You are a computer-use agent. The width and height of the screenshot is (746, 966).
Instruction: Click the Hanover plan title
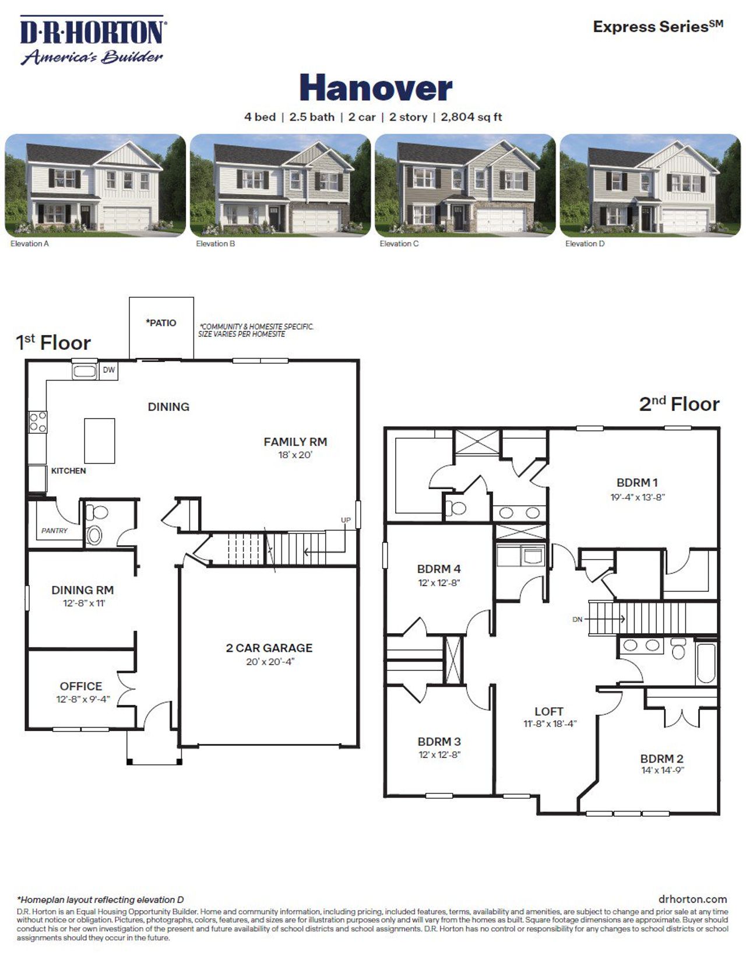pyautogui.click(x=376, y=88)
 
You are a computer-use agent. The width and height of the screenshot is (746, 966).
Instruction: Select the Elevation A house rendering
pyautogui.click(x=95, y=185)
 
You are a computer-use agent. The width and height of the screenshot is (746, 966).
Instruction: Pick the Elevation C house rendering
pyautogui.click(x=465, y=185)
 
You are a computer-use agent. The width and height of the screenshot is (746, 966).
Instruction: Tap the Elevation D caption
pyautogui.click(x=585, y=244)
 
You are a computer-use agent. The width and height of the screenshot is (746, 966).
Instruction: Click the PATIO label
pyautogui.click(x=161, y=323)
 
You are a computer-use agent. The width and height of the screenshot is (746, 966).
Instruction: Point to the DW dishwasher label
pyautogui.click(x=109, y=370)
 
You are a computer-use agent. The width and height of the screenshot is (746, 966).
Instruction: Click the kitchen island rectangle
pyautogui.click(x=99, y=441)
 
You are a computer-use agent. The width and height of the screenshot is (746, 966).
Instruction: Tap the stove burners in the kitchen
pyautogui.click(x=38, y=421)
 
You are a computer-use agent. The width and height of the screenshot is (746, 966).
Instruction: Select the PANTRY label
pyautogui.click(x=54, y=531)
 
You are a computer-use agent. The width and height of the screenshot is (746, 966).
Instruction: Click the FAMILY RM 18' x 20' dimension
pyautogui.click(x=295, y=455)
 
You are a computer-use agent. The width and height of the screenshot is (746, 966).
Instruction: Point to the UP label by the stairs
pyautogui.click(x=346, y=520)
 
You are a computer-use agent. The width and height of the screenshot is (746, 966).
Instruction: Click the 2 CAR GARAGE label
pyautogui.click(x=269, y=648)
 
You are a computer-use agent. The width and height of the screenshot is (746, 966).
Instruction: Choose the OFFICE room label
pyautogui.click(x=81, y=686)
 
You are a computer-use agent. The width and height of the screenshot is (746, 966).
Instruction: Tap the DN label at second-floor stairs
pyautogui.click(x=577, y=619)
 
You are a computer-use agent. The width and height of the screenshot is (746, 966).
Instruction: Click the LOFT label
pyautogui.click(x=549, y=711)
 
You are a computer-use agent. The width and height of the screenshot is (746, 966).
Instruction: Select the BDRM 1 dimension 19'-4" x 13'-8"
pyautogui.click(x=637, y=497)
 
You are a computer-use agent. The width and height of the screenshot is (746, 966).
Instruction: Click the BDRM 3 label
pyautogui.click(x=439, y=742)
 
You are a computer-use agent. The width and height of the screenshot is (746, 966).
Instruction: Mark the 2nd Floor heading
pyautogui.click(x=679, y=404)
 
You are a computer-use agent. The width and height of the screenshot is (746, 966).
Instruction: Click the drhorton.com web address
pyautogui.click(x=692, y=899)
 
